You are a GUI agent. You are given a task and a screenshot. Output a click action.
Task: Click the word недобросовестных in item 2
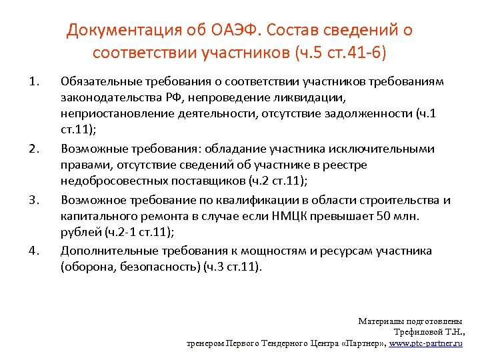(x=109, y=182)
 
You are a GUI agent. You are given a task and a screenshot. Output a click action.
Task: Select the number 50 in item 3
(x=380, y=217)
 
